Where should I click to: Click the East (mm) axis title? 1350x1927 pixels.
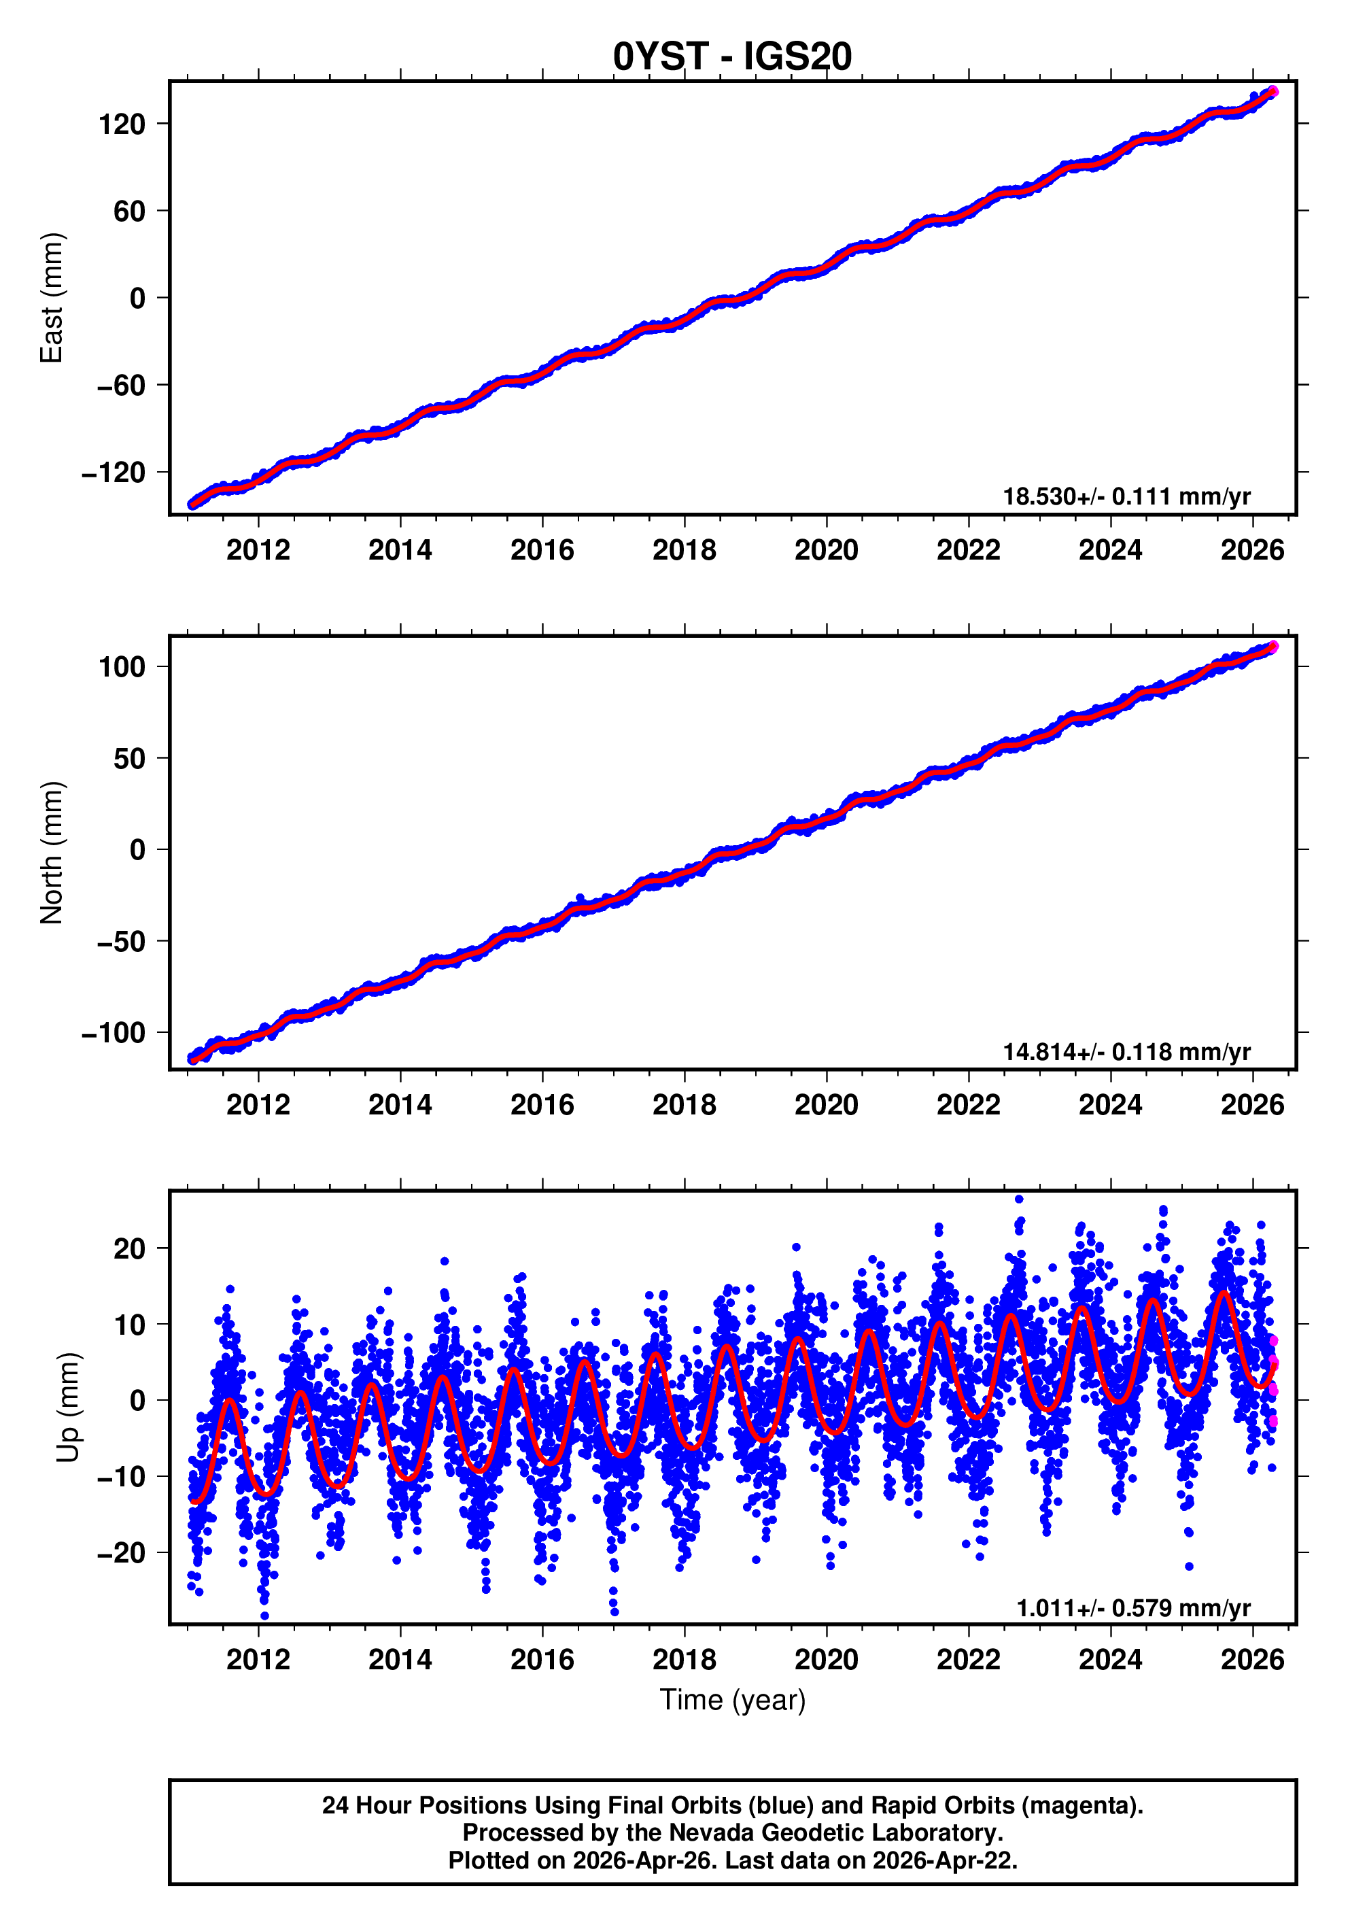pos(52,298)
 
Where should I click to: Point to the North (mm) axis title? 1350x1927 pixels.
pos(52,853)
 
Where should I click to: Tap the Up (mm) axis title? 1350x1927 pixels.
pos(69,1407)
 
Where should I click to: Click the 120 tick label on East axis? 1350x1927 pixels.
pos(122,124)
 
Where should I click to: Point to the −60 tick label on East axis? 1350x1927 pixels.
pos(122,386)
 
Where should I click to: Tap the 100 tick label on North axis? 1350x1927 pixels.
pos(122,667)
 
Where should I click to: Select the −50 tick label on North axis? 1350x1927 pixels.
pos(122,942)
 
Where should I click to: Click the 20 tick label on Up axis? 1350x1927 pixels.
pos(130,1249)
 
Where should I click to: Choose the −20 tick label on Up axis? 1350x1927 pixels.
pos(122,1552)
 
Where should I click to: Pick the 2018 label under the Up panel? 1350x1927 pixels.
pos(684,1659)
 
